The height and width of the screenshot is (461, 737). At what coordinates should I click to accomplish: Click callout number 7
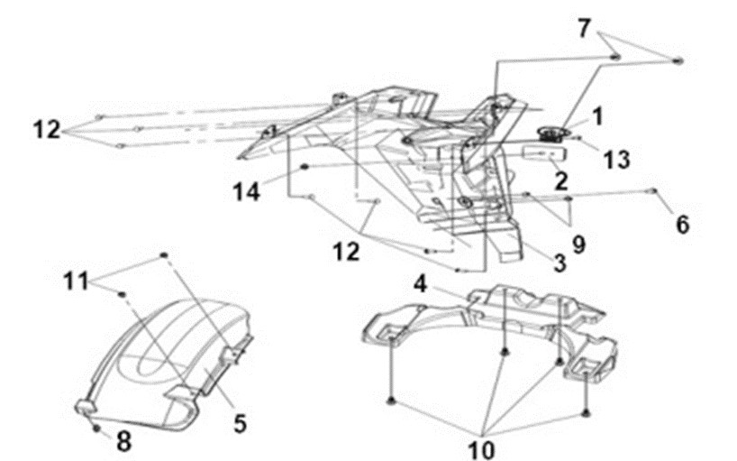click(583, 28)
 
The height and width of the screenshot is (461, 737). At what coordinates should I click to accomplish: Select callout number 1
click(597, 116)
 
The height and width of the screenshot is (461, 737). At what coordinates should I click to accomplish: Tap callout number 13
click(616, 160)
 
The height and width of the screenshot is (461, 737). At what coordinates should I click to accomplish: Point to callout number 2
click(560, 180)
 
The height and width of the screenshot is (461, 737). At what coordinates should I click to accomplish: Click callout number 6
click(682, 225)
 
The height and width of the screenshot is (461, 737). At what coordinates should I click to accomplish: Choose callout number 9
click(578, 244)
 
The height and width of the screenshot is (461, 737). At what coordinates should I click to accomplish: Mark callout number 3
click(560, 263)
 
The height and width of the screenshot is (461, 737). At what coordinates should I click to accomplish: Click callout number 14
click(246, 192)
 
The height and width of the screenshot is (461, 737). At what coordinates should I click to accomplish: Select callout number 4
click(420, 284)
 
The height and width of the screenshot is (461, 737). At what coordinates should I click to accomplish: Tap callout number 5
click(240, 424)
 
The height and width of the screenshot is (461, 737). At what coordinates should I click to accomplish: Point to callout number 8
click(123, 442)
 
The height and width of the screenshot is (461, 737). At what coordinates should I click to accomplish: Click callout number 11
click(76, 281)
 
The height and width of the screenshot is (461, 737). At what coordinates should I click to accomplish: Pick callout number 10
click(482, 450)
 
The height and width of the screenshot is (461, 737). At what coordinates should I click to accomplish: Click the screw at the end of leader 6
click(652, 190)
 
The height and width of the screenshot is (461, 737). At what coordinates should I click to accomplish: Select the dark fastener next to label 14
click(305, 167)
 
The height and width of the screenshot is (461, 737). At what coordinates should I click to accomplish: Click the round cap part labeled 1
click(554, 134)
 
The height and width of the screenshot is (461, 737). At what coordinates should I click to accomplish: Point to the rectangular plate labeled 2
click(545, 153)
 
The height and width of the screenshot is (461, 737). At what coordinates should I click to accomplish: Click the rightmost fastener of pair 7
click(678, 60)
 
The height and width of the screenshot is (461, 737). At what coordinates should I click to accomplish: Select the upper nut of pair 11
click(164, 255)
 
